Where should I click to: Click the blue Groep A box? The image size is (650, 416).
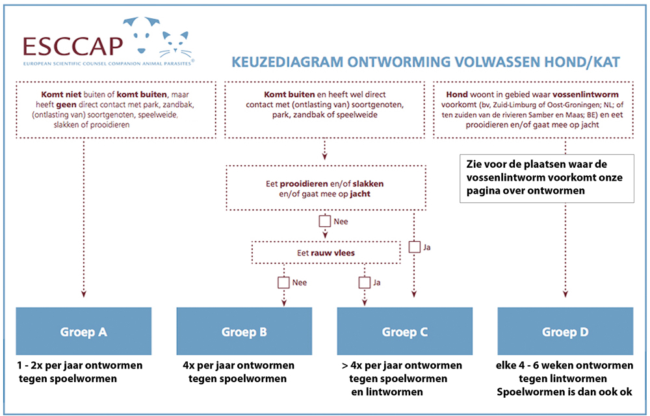point(83,331)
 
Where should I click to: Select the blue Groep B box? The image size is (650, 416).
point(244,331)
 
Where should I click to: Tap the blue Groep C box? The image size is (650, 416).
point(404,331)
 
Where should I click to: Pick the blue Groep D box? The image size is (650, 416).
point(565,331)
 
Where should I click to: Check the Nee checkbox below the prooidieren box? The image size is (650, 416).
point(324,221)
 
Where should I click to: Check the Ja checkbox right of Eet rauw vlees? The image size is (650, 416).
point(415,247)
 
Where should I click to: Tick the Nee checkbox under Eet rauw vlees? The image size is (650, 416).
point(283,283)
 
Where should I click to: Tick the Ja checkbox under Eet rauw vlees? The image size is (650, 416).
point(365,283)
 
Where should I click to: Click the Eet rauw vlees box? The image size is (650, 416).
point(326,253)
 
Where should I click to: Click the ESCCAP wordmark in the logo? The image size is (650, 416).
point(73,46)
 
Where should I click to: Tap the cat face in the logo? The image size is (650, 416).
point(175,45)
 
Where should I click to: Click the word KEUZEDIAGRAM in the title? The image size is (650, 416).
point(287,62)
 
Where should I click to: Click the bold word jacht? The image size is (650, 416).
point(360,194)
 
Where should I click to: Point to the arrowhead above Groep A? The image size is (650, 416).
point(84,294)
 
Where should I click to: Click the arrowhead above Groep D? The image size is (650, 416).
point(565,294)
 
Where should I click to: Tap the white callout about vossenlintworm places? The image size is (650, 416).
point(547,179)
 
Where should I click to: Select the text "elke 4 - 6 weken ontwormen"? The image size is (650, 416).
point(565,365)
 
